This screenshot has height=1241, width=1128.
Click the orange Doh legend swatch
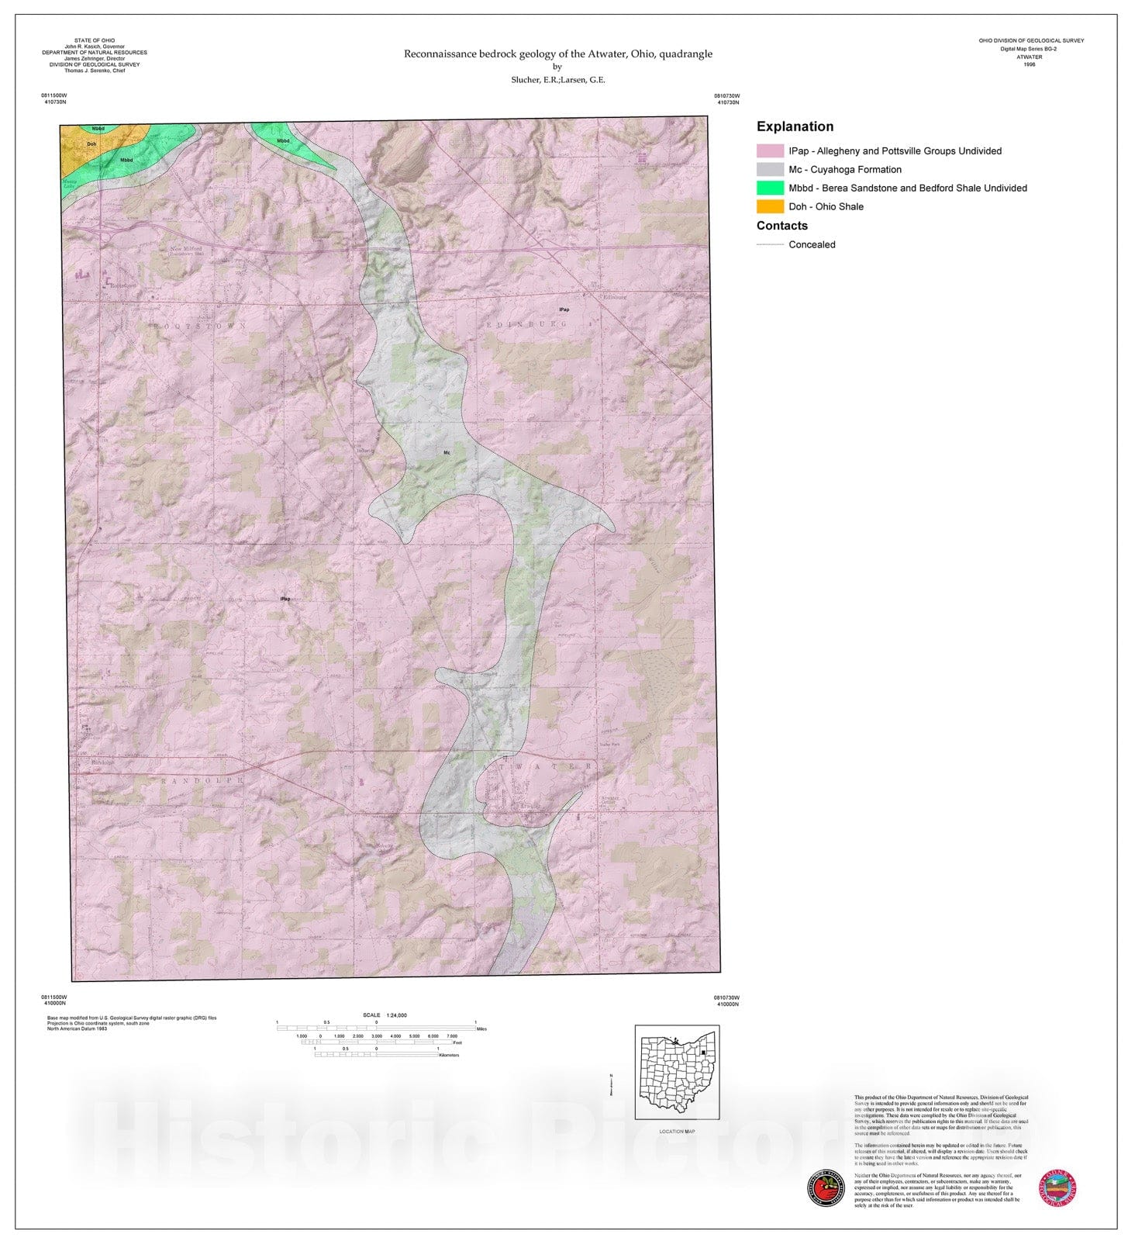pyautogui.click(x=770, y=206)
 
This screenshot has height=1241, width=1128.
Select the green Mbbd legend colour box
pyautogui.click(x=770, y=188)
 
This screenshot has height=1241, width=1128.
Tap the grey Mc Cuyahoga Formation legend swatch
pyautogui.click(x=770, y=169)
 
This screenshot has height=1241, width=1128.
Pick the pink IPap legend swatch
pyautogui.click(x=770, y=150)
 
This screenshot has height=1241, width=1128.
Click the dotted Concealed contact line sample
pyautogui.click(x=770, y=244)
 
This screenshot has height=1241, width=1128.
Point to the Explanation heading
pyautogui.click(x=795, y=126)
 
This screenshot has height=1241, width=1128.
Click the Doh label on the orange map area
pyautogui.click(x=91, y=144)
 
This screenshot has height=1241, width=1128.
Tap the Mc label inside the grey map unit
pyautogui.click(x=447, y=452)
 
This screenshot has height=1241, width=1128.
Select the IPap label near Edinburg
pyautogui.click(x=564, y=309)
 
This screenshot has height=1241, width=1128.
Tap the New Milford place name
pyautogui.click(x=186, y=249)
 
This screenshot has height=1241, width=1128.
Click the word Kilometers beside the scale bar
pyautogui.click(x=449, y=1055)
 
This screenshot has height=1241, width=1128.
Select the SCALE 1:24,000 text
pyautogui.click(x=385, y=1015)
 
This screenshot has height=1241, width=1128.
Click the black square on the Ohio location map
pyautogui.click(x=702, y=1053)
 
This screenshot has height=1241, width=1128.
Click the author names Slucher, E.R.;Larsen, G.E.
pyautogui.click(x=557, y=80)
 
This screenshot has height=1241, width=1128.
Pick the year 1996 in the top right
pyautogui.click(x=1029, y=64)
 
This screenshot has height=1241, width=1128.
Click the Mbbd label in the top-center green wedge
pyautogui.click(x=283, y=141)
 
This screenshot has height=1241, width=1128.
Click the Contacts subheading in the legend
pyautogui.click(x=781, y=226)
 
